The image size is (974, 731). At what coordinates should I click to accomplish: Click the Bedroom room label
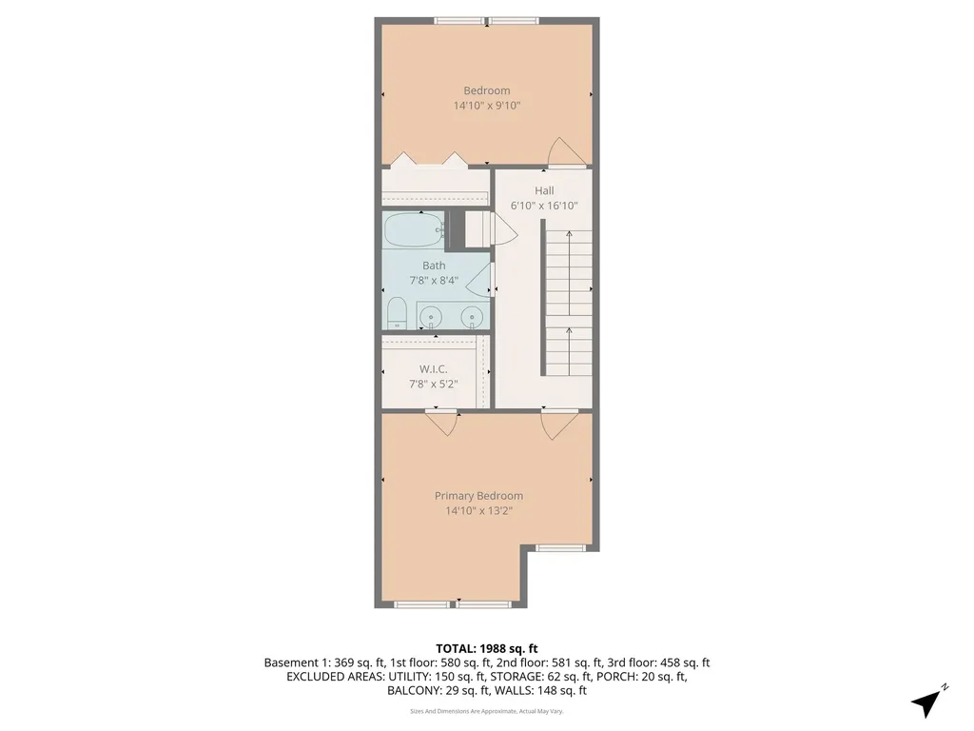[x=486, y=90]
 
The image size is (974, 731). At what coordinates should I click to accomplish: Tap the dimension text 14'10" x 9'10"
[x=486, y=106]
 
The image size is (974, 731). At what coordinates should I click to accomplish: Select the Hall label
[x=544, y=190]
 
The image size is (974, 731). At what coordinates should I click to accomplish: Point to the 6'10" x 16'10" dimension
[x=544, y=206]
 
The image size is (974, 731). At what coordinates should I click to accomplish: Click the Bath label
[x=434, y=266]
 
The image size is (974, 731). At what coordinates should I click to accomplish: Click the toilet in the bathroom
[x=398, y=313]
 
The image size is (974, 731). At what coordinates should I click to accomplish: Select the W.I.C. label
[x=434, y=369]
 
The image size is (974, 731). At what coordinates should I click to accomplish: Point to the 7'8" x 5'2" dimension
[x=434, y=385]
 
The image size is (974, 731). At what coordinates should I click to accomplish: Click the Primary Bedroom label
[x=478, y=496]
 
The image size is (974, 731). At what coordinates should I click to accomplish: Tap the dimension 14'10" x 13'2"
[x=478, y=511]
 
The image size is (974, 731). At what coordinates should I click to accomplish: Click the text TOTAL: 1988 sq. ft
[x=486, y=647]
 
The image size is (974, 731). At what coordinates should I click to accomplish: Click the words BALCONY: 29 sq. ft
[x=433, y=691]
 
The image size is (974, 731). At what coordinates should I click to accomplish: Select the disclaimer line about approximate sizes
[x=486, y=710]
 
